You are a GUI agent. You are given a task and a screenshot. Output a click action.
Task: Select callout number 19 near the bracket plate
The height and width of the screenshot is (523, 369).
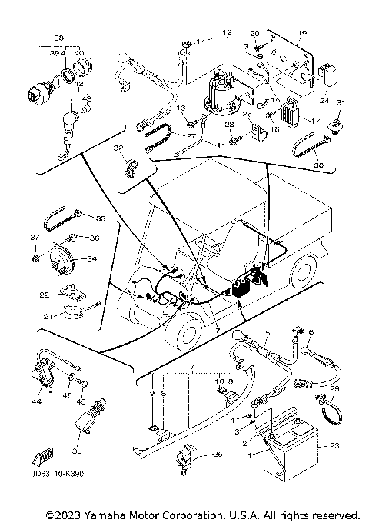pyautogui.click(x=301, y=32)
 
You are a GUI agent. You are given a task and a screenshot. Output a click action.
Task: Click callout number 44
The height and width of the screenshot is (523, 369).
pyautogui.click(x=35, y=401)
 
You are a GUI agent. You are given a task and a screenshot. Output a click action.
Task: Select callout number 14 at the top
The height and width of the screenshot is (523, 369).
pyautogui.click(x=201, y=40)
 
